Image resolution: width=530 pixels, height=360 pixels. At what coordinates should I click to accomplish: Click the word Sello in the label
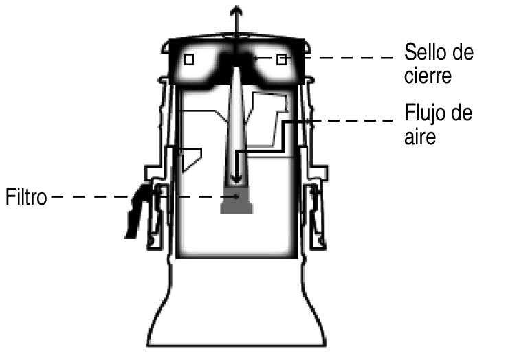423,53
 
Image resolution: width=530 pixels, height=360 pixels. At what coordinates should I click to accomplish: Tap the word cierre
428,76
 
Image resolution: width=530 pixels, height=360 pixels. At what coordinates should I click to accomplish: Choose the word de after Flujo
459,113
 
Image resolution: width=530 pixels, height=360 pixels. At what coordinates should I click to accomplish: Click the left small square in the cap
189,60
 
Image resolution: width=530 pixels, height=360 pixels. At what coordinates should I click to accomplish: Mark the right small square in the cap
280,60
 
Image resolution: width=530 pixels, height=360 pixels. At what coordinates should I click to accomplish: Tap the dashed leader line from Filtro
89,198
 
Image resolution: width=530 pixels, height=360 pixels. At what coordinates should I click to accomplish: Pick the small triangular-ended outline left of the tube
190,158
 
